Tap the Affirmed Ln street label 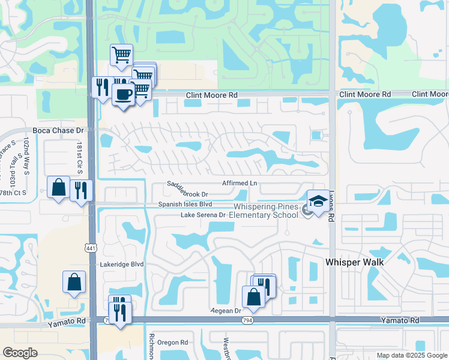pyautogui.click(x=240, y=183)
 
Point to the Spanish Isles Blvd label pyautogui.click(x=185, y=204)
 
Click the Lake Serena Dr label pyautogui.click(x=203, y=214)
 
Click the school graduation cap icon pyautogui.click(x=318, y=201)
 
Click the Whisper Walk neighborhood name pyautogui.click(x=354, y=262)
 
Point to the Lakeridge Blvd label pyautogui.click(x=122, y=263)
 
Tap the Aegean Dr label pyautogui.click(x=226, y=311)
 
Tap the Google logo pyautogui.click(x=20, y=353)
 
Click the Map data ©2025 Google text pyautogui.click(x=411, y=355)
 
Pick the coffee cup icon pyautogui.click(x=124, y=94)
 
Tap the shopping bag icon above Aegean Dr pyautogui.click(x=253, y=296)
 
